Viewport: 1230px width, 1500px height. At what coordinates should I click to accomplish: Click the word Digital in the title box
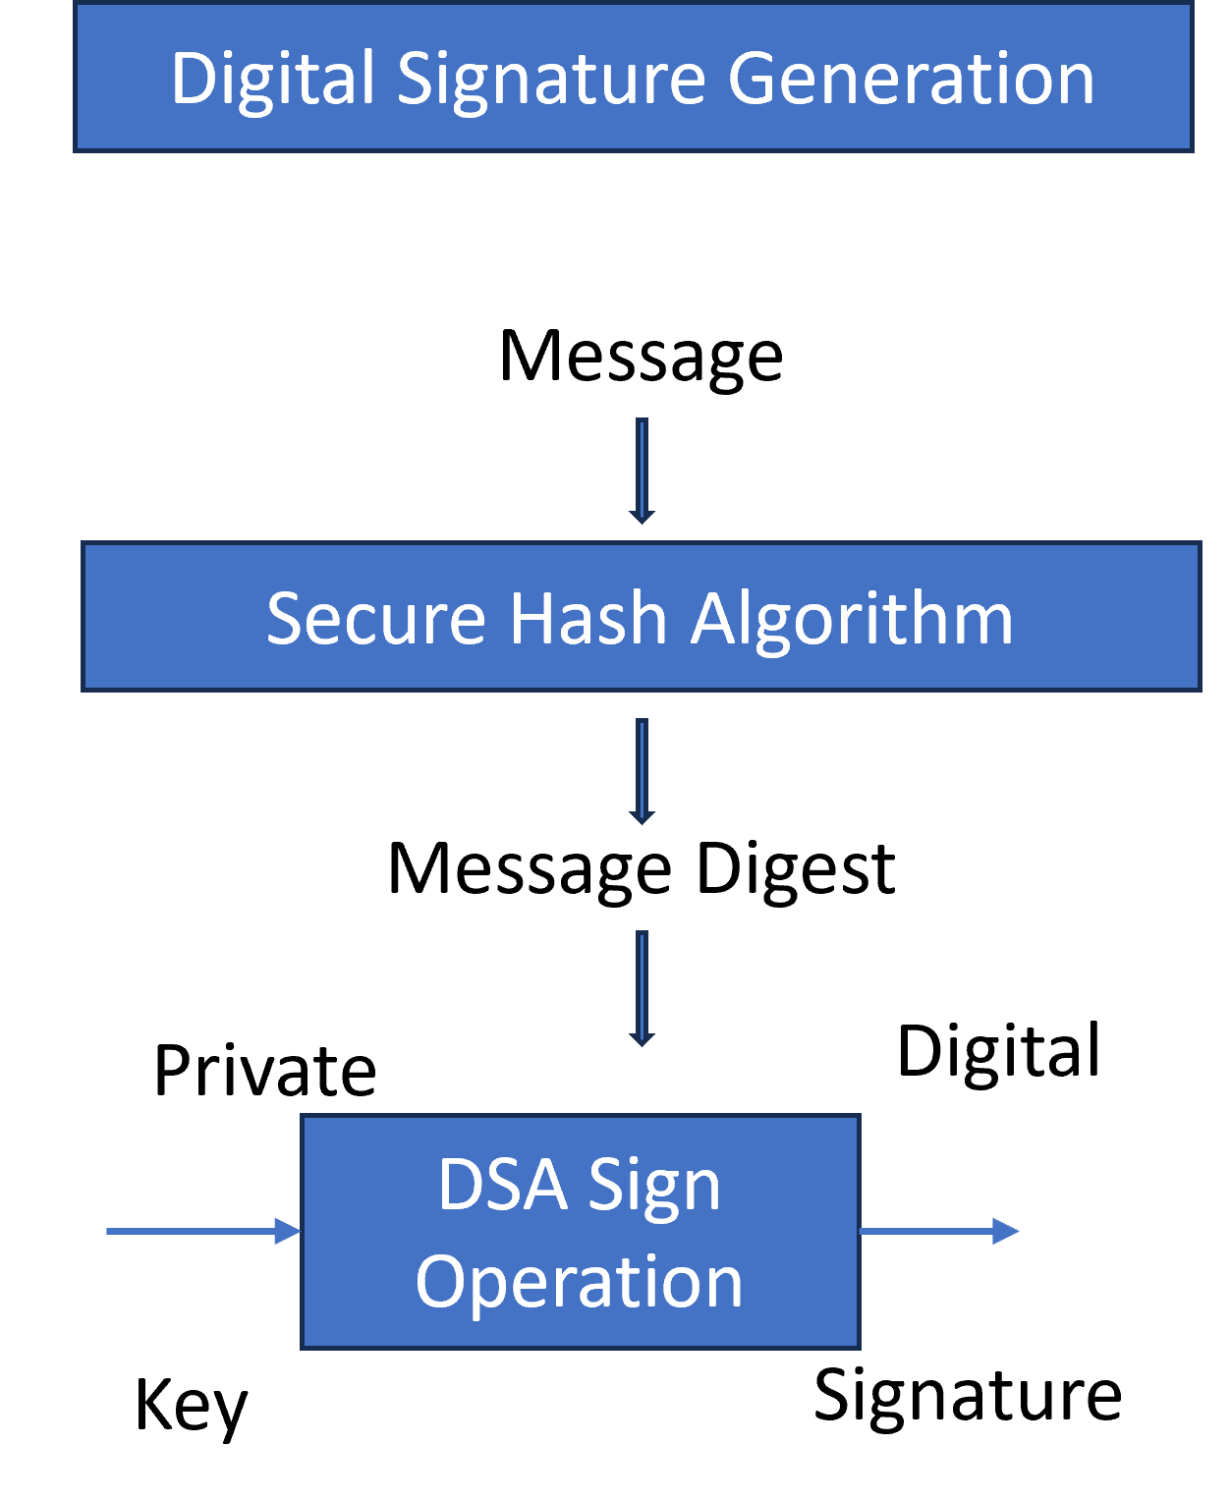tap(272, 80)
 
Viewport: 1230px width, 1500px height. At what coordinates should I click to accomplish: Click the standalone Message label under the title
tap(641, 358)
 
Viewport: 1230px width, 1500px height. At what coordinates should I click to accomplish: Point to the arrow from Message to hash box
tap(642, 471)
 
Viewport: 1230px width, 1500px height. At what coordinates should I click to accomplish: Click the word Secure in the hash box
tap(376, 619)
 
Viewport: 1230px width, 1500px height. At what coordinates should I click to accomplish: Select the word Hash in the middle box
tap(587, 619)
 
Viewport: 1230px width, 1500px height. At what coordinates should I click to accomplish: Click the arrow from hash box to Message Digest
tap(642, 771)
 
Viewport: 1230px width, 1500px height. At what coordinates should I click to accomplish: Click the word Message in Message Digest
tap(530, 870)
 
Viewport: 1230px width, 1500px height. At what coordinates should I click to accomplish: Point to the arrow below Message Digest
tap(642, 988)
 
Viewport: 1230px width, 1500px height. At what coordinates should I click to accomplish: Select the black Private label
tap(265, 1071)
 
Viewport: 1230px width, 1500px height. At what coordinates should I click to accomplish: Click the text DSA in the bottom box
tap(502, 1185)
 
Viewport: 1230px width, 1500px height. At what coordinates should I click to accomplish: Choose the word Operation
tap(580, 1282)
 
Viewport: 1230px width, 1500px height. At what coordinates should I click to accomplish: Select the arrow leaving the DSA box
tap(939, 1231)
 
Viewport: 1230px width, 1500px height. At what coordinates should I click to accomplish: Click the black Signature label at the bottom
tap(968, 1396)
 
